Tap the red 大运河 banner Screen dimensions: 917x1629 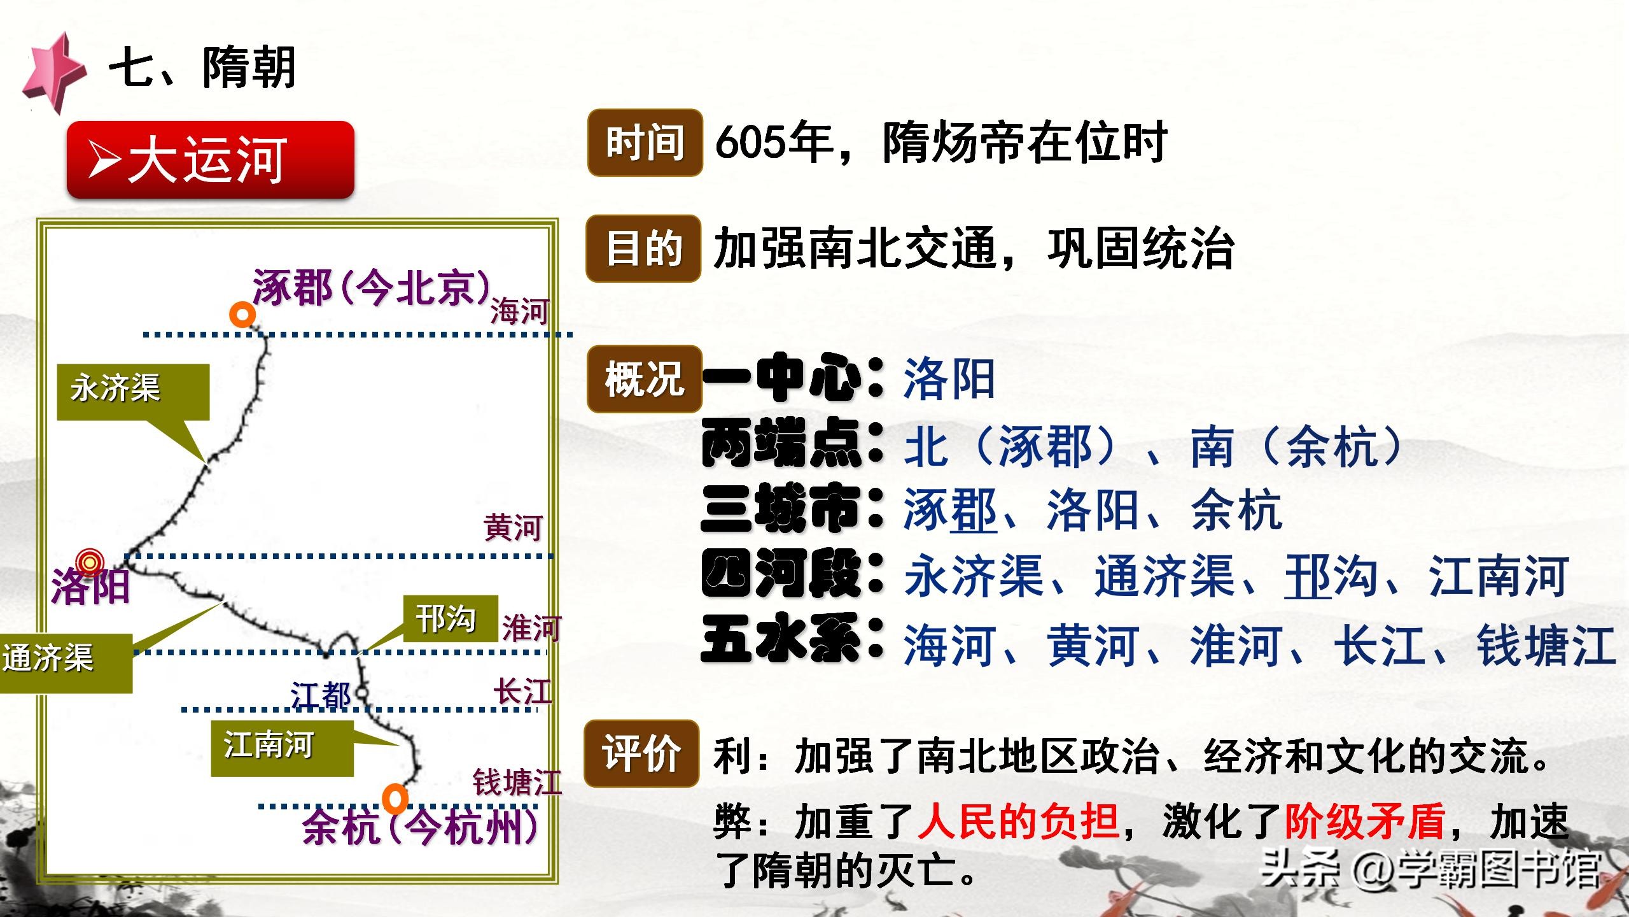pyautogui.click(x=210, y=159)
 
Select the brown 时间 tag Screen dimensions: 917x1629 pyautogui.click(x=645, y=143)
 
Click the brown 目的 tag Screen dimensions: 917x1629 pyautogui.click(x=643, y=248)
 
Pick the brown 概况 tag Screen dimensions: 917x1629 pyautogui.click(x=644, y=379)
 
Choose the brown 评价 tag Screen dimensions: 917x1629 pyautogui.click(x=641, y=753)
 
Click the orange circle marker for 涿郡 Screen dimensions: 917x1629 pyautogui.click(x=242, y=315)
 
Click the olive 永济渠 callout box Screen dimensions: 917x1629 pyautogui.click(x=133, y=392)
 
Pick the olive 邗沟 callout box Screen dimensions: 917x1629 pyautogui.click(x=450, y=618)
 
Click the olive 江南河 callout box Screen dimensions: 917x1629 pyautogui.click(x=282, y=748)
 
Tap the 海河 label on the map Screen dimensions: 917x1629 pyautogui.click(x=519, y=312)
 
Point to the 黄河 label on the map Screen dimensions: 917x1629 pyautogui.click(x=513, y=528)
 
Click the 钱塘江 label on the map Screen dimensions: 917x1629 pyautogui.click(x=517, y=783)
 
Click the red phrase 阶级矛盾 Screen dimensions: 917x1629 pyautogui.click(x=1364, y=821)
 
